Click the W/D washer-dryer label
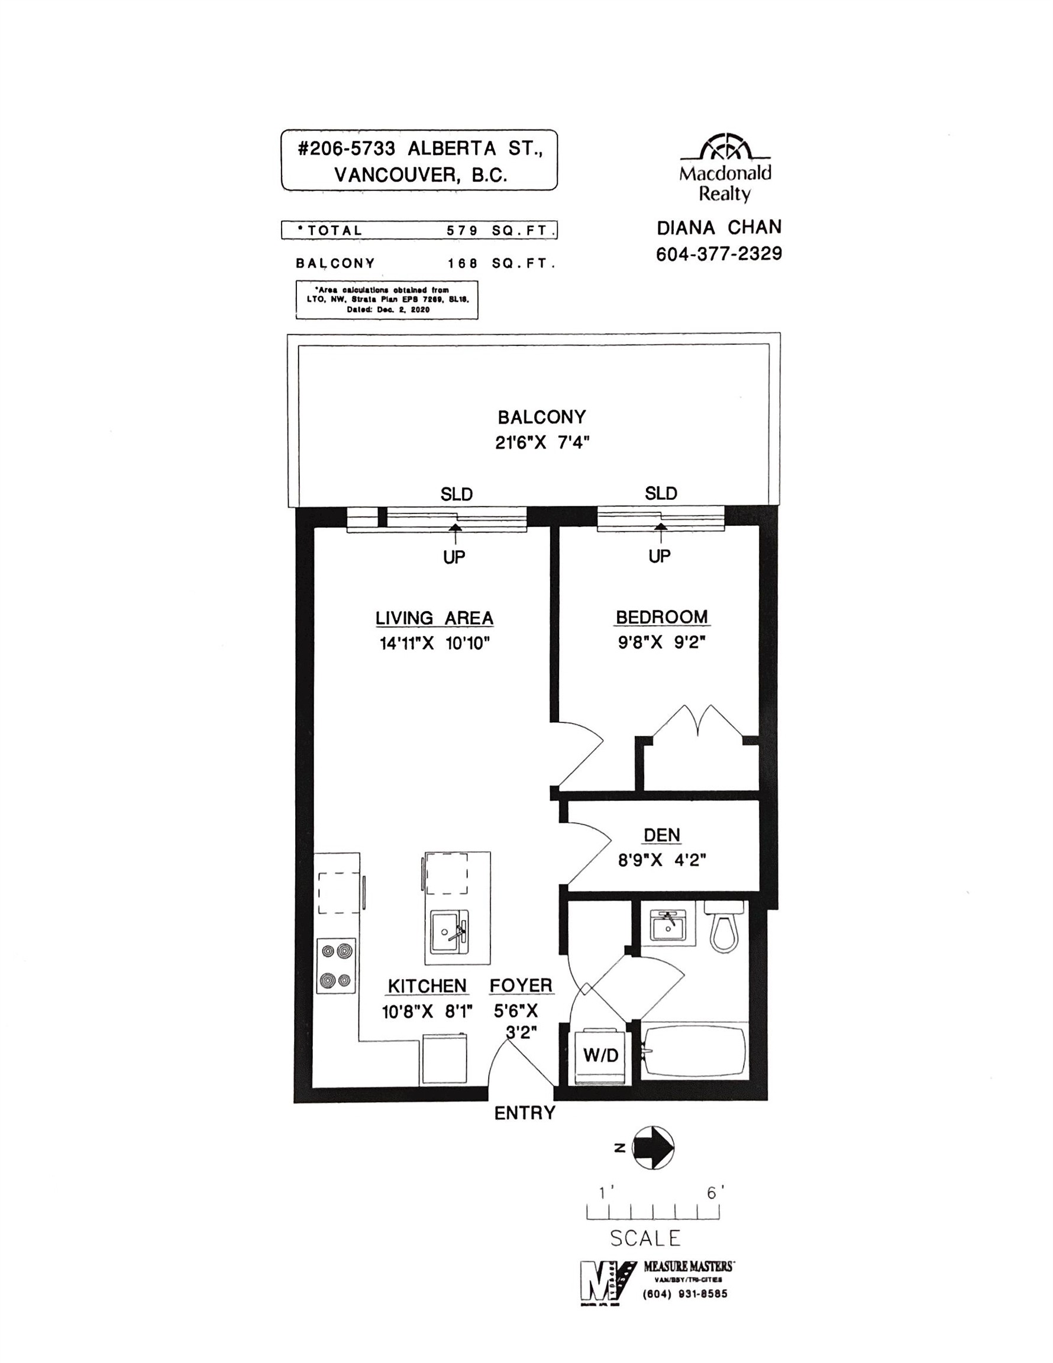[600, 1054]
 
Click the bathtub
[694, 1051]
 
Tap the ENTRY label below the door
[524, 1112]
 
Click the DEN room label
[661, 835]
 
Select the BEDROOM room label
[661, 616]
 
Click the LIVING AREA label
[434, 618]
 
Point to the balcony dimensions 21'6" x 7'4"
[542, 443]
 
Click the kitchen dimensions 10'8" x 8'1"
[427, 1012]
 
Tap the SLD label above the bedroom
[661, 493]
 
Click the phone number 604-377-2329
[718, 254]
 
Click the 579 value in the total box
[462, 230]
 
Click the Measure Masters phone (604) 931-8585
[684, 1294]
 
